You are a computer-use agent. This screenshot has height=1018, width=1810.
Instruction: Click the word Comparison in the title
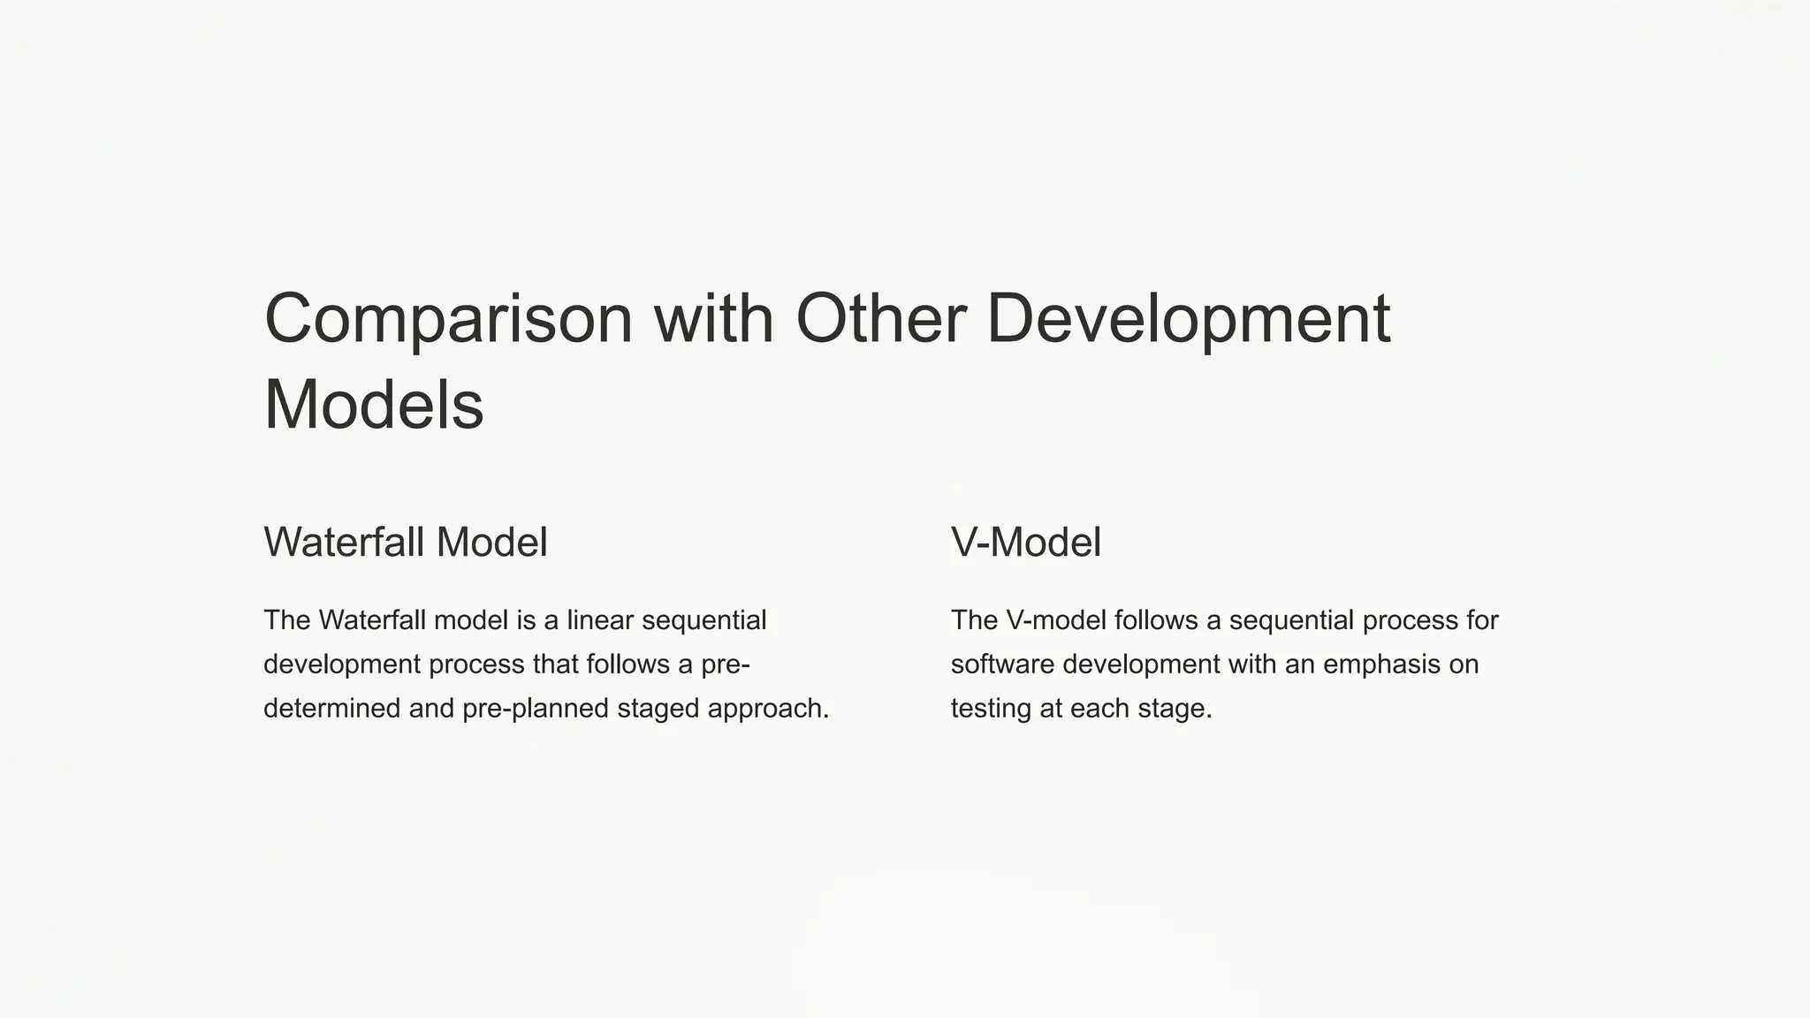[448, 320]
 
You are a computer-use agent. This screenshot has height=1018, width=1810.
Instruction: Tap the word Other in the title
[880, 318]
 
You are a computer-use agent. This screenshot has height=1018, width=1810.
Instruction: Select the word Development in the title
[1188, 320]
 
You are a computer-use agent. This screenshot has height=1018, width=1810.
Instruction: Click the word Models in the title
[374, 405]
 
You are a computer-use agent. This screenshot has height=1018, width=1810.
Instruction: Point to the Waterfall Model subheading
[406, 542]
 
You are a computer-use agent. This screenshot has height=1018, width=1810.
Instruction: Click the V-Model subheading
[1026, 542]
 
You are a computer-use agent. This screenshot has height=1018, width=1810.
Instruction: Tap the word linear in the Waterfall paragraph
[600, 620]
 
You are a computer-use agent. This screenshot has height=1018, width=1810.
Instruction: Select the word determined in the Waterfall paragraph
[332, 709]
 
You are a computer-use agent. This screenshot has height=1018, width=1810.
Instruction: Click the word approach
[768, 709]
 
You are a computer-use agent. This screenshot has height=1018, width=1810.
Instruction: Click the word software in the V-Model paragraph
[1002, 665]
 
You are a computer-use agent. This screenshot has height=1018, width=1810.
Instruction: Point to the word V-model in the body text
[1056, 620]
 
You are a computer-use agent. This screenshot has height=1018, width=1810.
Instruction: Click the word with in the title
[714, 318]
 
